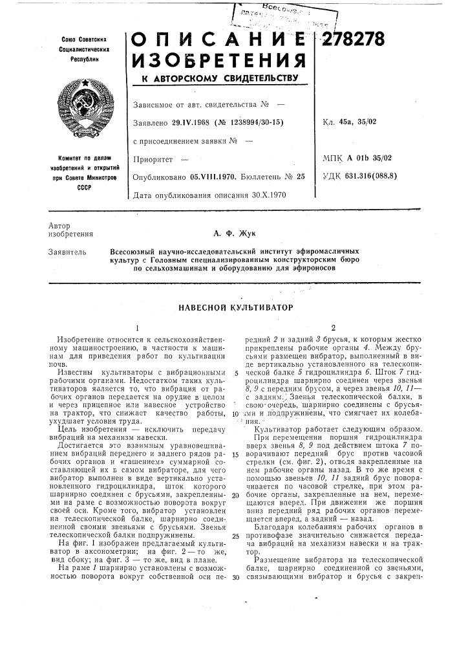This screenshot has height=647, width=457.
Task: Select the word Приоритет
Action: pyautogui.click(x=152, y=157)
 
